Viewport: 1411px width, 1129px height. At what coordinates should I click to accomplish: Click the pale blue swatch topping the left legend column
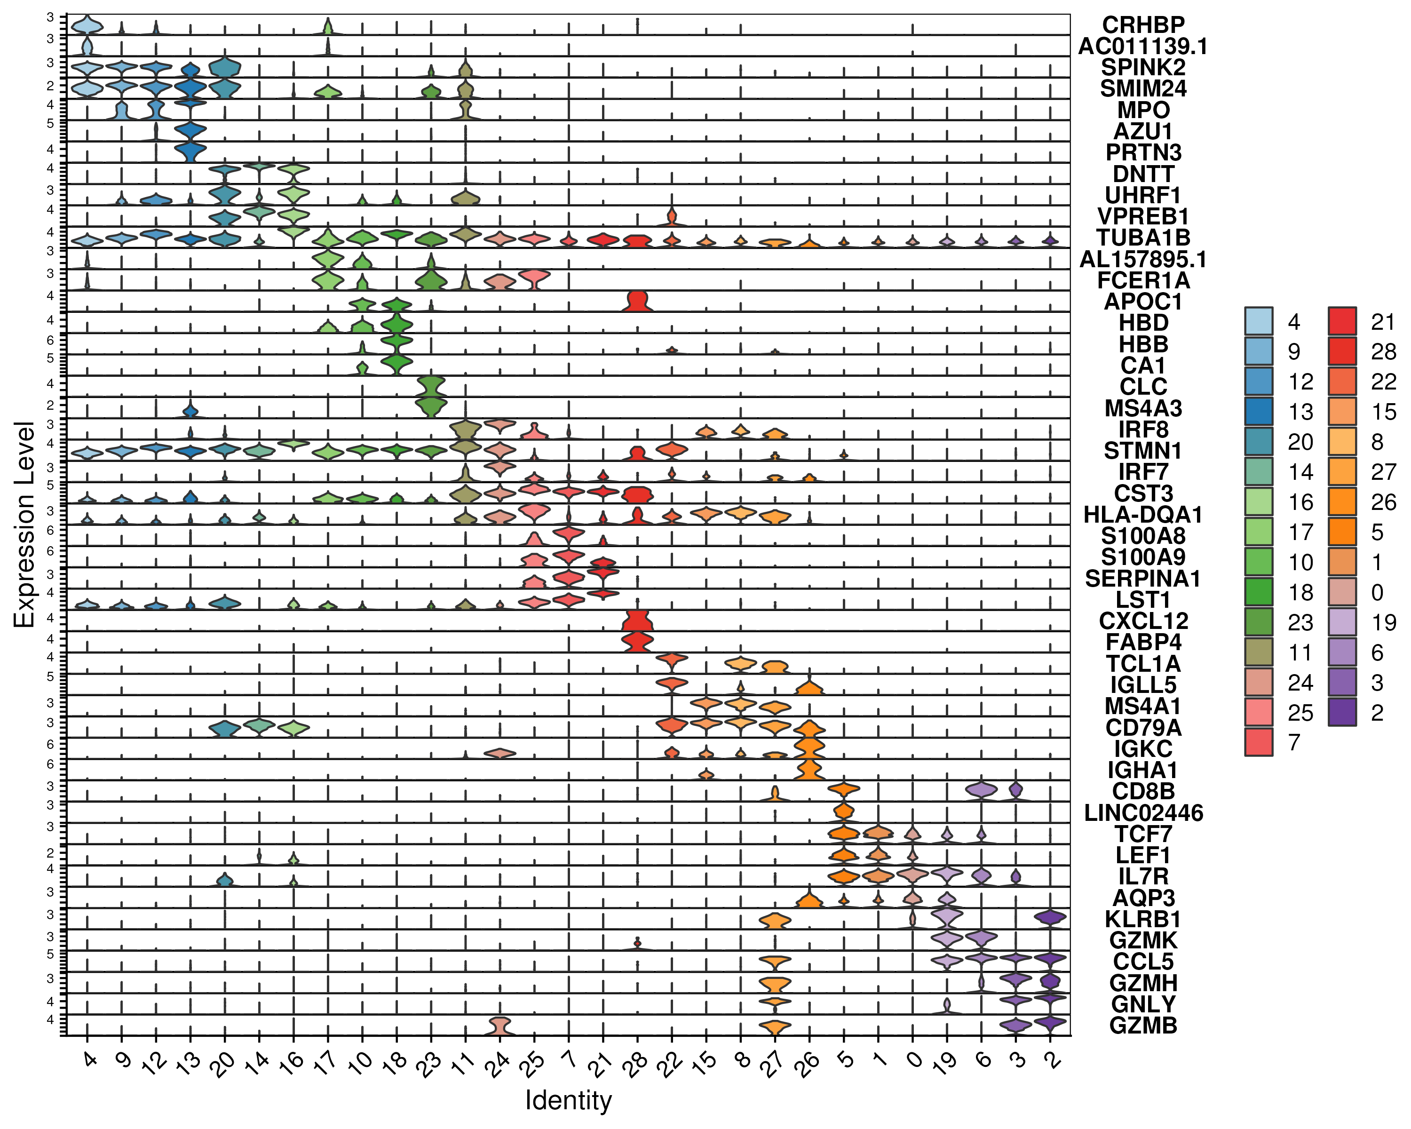coord(1258,321)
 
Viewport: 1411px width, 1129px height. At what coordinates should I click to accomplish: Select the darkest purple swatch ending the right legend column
coord(1342,711)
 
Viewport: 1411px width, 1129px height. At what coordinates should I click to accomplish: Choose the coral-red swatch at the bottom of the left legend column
coord(1258,741)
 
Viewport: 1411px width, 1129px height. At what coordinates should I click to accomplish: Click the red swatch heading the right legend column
coord(1342,321)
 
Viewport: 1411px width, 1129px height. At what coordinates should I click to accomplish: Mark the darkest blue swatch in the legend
coord(1258,411)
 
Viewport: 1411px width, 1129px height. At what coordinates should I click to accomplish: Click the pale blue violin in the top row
coord(87,25)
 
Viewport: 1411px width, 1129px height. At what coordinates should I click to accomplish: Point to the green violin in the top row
coord(328,27)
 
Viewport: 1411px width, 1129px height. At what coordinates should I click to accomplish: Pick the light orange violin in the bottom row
coord(775,1026)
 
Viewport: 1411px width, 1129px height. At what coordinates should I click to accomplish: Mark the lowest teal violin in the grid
coord(224,880)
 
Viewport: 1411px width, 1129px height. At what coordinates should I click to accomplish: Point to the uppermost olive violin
coord(465,69)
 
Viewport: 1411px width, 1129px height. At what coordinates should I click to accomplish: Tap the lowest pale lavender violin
coord(946,1005)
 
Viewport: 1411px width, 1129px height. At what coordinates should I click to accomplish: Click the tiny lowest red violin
coord(637,943)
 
